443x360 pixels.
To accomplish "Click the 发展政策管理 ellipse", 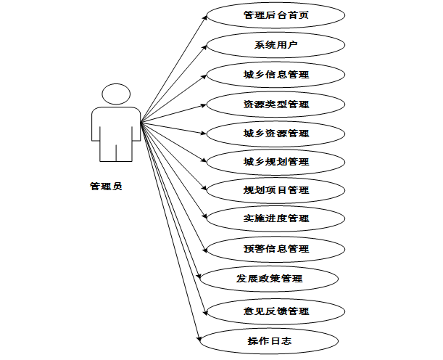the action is (269, 278).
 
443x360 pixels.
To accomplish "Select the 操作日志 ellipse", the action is (269, 340).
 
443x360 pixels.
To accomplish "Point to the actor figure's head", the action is (116, 94).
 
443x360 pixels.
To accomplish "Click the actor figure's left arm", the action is (96, 127).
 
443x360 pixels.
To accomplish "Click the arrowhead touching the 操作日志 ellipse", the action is (198, 336).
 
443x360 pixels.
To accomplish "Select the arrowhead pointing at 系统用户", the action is (202, 47).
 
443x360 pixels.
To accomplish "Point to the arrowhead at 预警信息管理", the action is (203, 247).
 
